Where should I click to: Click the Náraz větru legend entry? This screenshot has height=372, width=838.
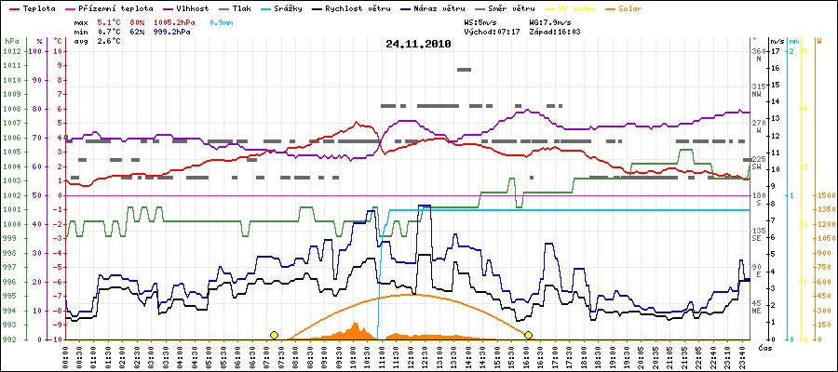pyautogui.click(x=483, y=8)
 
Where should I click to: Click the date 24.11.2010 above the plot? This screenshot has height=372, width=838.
pyautogui.click(x=418, y=43)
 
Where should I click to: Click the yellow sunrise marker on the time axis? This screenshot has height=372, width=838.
pyautogui.click(x=274, y=335)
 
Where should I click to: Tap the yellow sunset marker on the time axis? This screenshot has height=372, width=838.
pyautogui.click(x=528, y=335)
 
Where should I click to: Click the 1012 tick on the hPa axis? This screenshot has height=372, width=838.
pyautogui.click(x=11, y=51)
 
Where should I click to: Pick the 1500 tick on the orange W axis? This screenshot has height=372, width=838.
pyautogui.click(x=824, y=195)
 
